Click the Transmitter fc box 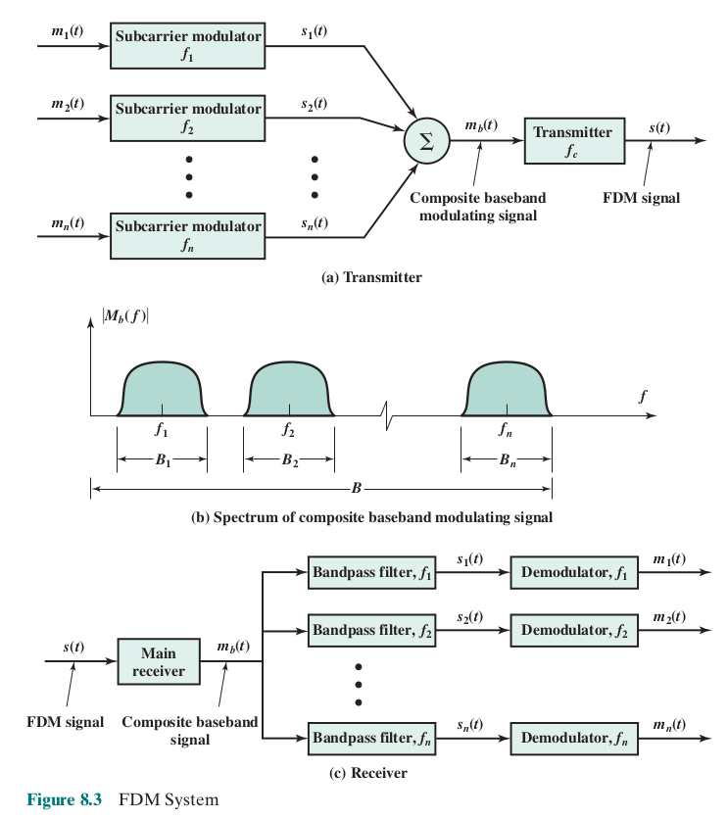click(x=574, y=140)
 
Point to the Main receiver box click(x=158, y=661)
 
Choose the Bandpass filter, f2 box click(x=372, y=629)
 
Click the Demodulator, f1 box click(x=573, y=573)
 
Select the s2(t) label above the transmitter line click(x=315, y=104)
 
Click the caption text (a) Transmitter click(x=372, y=277)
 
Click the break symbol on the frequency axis click(x=390, y=415)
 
